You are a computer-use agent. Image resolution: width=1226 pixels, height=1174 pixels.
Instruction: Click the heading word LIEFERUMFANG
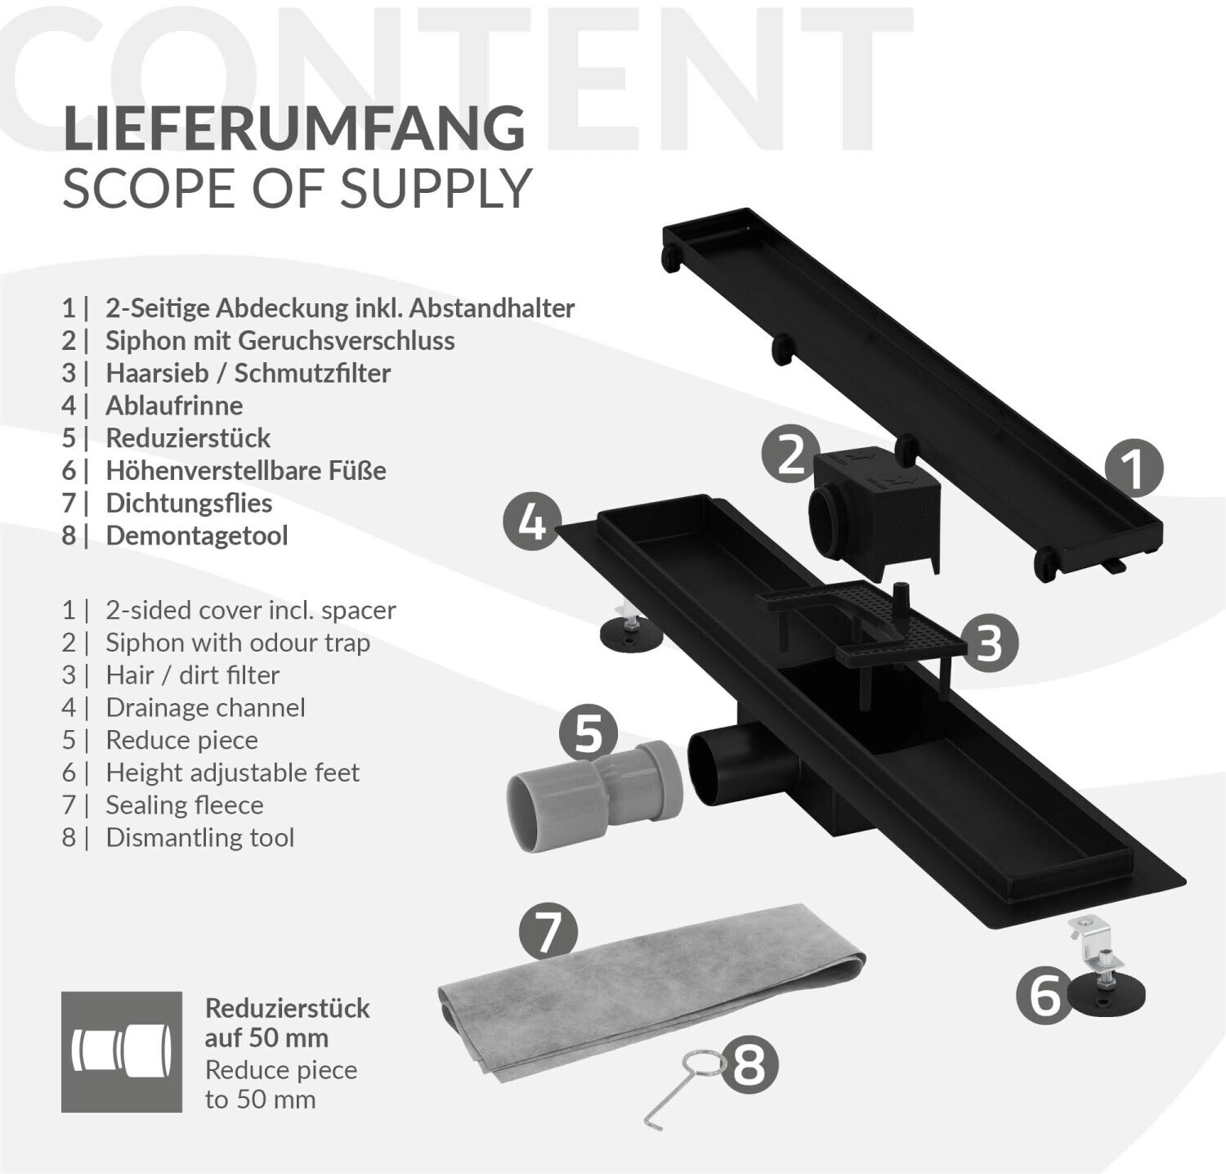pos(293,128)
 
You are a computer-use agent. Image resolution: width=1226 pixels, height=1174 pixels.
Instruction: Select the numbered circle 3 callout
pos(989,643)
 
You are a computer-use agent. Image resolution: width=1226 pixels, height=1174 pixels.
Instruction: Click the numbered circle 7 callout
pos(548,931)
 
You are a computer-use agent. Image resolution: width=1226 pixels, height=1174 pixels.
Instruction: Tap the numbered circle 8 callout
pos(749,1065)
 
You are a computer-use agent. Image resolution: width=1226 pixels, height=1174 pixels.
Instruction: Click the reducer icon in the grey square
pos(122,1051)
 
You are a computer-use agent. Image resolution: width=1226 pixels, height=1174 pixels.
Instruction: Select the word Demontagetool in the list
pos(196,535)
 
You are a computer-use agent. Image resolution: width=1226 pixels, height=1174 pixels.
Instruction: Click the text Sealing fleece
pos(184,805)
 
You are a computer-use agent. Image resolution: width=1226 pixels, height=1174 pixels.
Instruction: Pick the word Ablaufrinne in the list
pos(174,406)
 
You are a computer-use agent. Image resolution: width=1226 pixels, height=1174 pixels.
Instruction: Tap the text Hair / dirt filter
pos(192,675)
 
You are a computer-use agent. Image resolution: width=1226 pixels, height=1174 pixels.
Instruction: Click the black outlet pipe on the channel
pos(727,760)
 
